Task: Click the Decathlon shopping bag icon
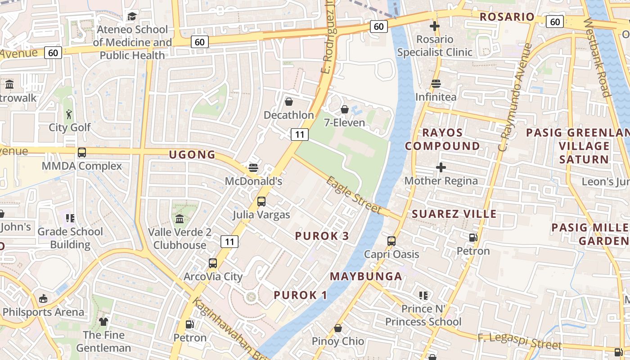click(289, 102)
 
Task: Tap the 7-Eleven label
click(345, 122)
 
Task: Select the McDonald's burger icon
click(253, 168)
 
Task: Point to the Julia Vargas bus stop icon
click(261, 202)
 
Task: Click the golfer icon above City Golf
click(69, 114)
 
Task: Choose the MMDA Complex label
click(81, 166)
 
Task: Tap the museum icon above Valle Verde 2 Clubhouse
click(180, 219)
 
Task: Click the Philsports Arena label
click(43, 312)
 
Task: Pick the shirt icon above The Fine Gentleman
click(103, 322)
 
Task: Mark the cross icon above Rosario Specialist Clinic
click(434, 26)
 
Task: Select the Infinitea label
click(436, 97)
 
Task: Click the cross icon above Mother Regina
click(441, 168)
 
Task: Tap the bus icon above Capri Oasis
click(391, 241)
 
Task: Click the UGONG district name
click(192, 155)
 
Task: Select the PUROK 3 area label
click(322, 236)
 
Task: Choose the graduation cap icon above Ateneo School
click(132, 17)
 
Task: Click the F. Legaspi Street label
click(520, 341)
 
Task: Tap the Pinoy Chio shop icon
click(338, 328)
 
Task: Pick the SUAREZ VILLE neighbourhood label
click(454, 214)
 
